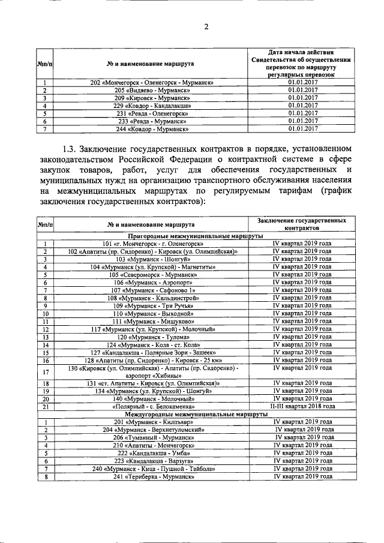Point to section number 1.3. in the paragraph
(71, 148)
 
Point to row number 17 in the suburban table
(45, 372)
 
